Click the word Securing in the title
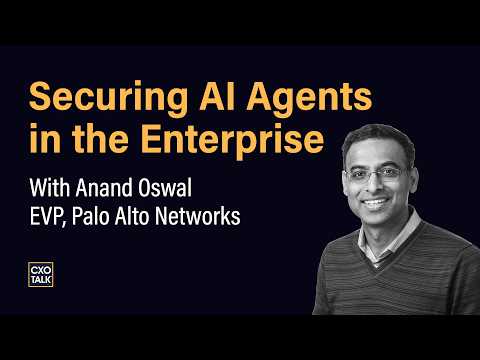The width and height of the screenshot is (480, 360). coord(108,99)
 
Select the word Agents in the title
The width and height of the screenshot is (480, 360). coord(309,99)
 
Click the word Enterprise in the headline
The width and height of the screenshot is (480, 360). coord(232,140)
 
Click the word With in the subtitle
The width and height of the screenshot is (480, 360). coord(50,188)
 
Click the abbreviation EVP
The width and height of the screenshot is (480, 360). coord(47,216)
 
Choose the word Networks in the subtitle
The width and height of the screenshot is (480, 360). coord(198,216)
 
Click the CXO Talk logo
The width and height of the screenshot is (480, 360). coord(41,274)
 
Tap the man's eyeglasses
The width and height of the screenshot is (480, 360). coord(378,174)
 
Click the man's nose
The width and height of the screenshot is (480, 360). coord(376,187)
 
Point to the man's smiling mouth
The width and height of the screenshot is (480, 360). coord(376,202)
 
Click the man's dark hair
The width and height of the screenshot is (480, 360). coord(378,138)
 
